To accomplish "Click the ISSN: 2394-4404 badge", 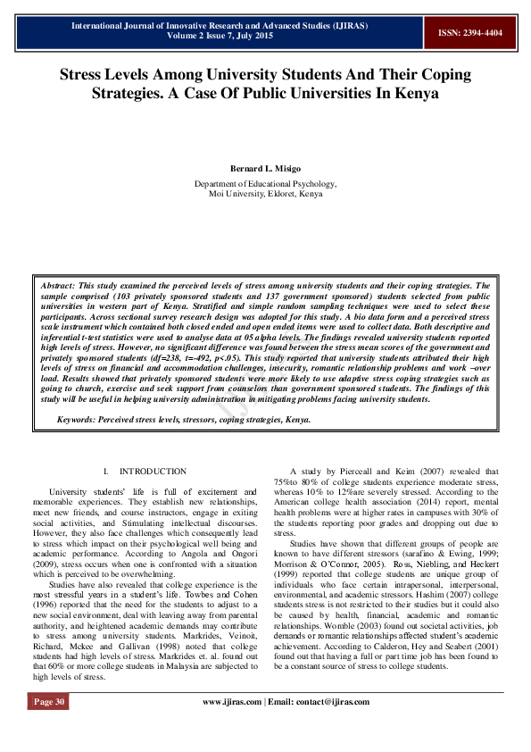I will (x=469, y=33).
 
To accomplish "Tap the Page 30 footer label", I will (x=49, y=702).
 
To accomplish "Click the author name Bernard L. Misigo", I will (x=265, y=169).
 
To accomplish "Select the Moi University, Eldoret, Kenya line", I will (x=265, y=193).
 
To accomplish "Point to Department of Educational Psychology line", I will (x=265, y=183).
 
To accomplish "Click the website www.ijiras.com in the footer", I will (x=234, y=702).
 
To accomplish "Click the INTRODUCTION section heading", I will (x=153, y=472).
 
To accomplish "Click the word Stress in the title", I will (x=87, y=75).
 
